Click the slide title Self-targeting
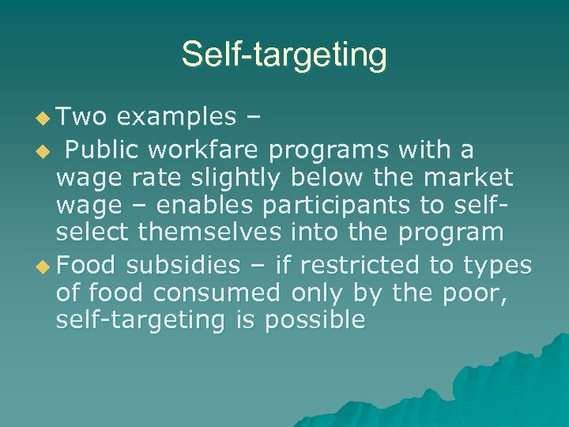point(284,55)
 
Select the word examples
point(176,117)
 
